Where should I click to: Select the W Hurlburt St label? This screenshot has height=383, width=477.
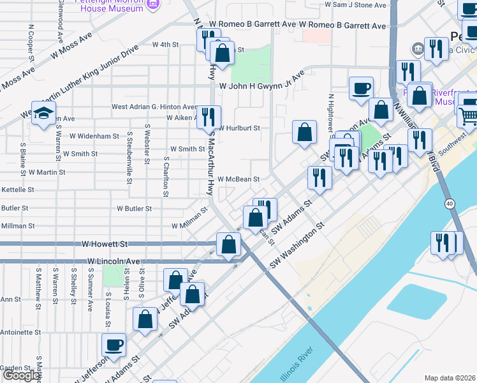point(239,128)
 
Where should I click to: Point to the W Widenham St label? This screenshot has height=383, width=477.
point(94,136)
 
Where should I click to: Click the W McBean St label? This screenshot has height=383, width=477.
point(238,180)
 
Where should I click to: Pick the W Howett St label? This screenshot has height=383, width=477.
point(105,244)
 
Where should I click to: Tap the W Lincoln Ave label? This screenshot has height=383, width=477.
point(114,262)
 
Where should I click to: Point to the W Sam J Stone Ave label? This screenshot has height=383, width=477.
point(356,4)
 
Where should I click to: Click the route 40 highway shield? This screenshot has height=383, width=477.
point(450,204)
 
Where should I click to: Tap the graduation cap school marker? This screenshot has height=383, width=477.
point(43,114)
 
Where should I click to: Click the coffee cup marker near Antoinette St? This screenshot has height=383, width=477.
point(114,345)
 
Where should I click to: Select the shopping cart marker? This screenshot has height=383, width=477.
point(469,116)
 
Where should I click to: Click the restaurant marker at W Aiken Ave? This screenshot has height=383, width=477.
point(209,117)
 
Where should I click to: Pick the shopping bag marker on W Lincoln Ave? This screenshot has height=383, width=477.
point(228,244)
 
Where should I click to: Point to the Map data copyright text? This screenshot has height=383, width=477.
point(450,378)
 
